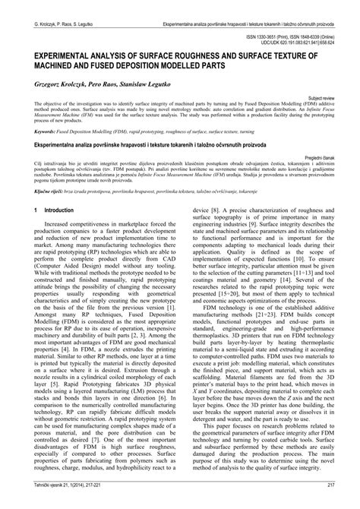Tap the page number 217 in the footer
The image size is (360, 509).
(341, 502)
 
